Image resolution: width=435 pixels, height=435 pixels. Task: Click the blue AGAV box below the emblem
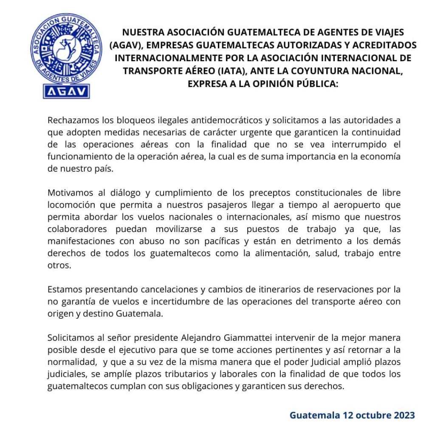pyautogui.click(x=66, y=91)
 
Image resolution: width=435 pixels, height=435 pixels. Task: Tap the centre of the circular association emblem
pyautogui.click(x=66, y=48)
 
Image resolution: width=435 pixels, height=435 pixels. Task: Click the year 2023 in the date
pyautogui.click(x=403, y=415)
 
